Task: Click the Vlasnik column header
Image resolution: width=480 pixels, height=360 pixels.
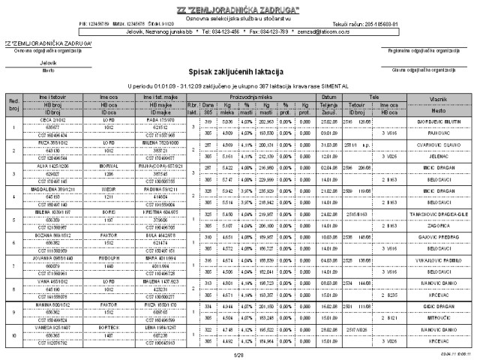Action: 438,98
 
